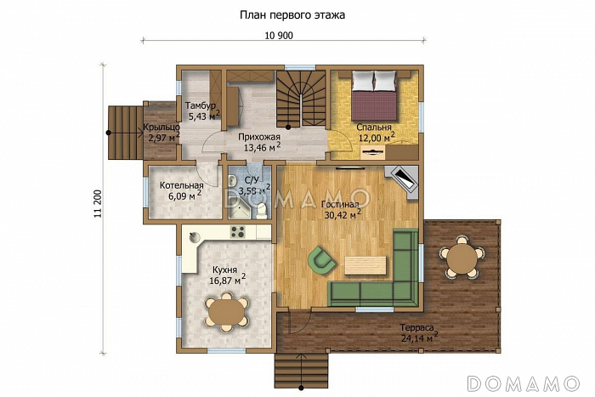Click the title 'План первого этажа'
[292, 15]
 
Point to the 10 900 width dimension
[279, 36]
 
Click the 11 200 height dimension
[99, 203]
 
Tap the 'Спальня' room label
[374, 128]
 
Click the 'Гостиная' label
[340, 205]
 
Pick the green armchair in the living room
[322, 260]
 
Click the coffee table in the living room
[365, 265]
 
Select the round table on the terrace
[462, 258]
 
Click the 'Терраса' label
[416, 327]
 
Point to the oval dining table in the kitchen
[226, 311]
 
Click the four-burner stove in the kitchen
[238, 232]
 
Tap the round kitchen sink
[195, 237]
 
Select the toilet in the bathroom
[261, 211]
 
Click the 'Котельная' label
[181, 185]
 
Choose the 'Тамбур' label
[200, 105]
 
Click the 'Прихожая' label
[259, 137]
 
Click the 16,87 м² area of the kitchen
[227, 280]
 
